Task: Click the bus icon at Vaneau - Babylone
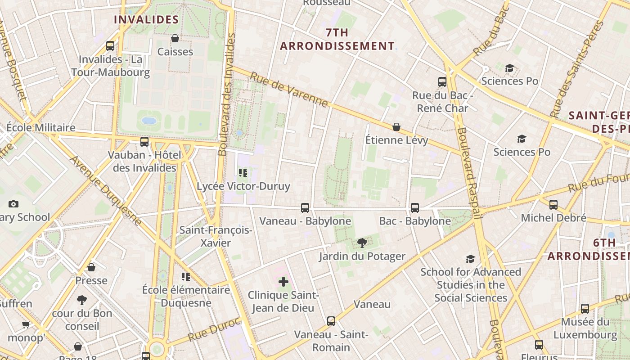(305, 208)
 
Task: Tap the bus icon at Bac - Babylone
(415, 208)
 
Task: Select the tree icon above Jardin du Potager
(362, 243)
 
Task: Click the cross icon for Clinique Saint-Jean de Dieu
(283, 282)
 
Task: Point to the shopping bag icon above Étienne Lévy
(396, 127)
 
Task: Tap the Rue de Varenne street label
(289, 90)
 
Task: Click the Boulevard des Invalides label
(227, 94)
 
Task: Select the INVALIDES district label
(146, 20)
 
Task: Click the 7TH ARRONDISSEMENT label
(337, 39)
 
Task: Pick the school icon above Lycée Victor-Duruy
(243, 173)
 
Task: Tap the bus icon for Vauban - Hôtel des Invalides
(144, 142)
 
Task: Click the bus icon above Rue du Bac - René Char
(442, 82)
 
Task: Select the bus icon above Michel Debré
(553, 205)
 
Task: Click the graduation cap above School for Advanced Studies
(470, 259)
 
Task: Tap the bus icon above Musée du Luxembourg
(585, 309)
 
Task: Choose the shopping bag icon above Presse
(91, 267)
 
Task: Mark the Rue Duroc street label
(214, 329)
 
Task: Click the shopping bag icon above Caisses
(175, 38)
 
